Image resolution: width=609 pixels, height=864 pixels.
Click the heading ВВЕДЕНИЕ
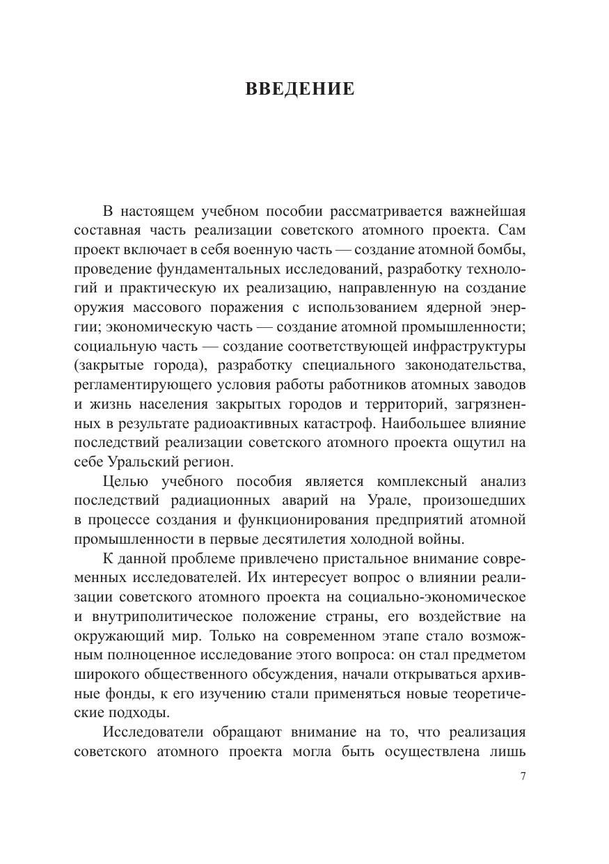(x=300, y=90)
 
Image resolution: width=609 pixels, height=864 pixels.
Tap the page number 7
(x=523, y=777)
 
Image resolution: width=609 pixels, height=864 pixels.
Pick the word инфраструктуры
(x=465, y=346)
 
